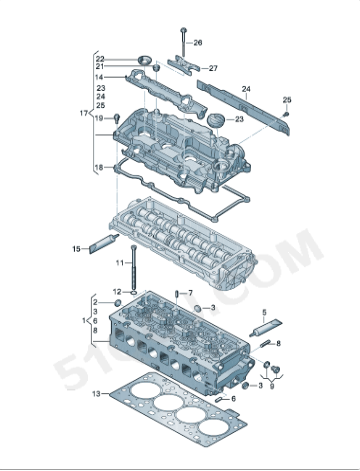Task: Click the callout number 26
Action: tap(197, 43)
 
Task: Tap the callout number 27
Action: tap(212, 68)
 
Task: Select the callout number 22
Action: tap(100, 60)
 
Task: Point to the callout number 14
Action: tap(100, 77)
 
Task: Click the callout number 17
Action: tap(84, 113)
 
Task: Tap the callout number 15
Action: tap(75, 247)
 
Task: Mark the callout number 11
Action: tap(117, 263)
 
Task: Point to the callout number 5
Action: tap(265, 313)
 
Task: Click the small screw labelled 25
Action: tap(285, 113)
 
